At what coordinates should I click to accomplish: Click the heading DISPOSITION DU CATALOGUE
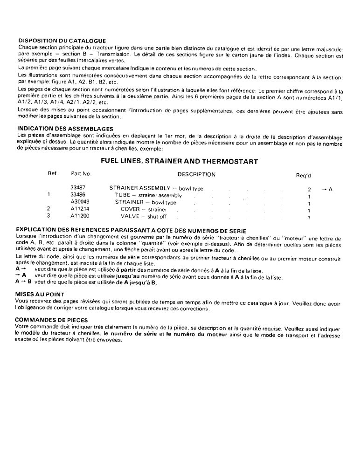click(x=62, y=41)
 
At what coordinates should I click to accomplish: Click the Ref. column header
click(x=53, y=174)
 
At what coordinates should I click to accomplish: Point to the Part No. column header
click(x=81, y=174)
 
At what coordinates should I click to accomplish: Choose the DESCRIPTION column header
click(x=196, y=174)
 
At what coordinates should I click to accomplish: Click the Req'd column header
click(x=304, y=176)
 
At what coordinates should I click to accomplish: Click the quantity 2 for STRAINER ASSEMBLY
click(x=309, y=189)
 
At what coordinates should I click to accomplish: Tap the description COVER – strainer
click(x=144, y=210)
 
